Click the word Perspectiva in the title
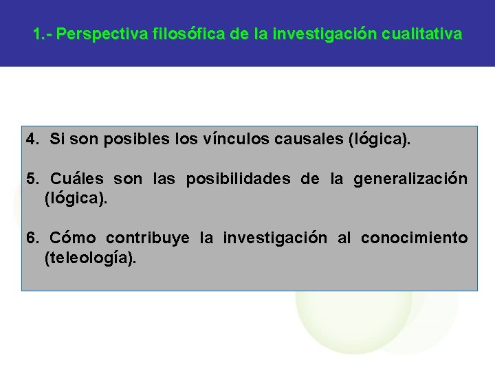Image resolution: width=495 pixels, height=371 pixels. click(x=98, y=34)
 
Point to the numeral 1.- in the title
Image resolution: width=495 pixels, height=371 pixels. click(x=43, y=34)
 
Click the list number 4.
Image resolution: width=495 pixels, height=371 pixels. click(x=32, y=140)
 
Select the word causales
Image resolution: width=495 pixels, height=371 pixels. click(x=308, y=140)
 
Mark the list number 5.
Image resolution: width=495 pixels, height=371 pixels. click(x=32, y=179)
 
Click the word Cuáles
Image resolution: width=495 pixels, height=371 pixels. click(x=76, y=179)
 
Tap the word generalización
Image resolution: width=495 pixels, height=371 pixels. click(x=410, y=179)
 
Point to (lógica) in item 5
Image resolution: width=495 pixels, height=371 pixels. click(x=76, y=199)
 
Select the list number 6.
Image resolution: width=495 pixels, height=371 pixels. click(x=32, y=238)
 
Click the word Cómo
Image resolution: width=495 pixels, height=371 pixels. click(x=72, y=238)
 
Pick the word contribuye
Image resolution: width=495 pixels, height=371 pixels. click(x=148, y=238)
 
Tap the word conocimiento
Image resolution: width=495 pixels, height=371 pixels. click(x=414, y=238)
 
